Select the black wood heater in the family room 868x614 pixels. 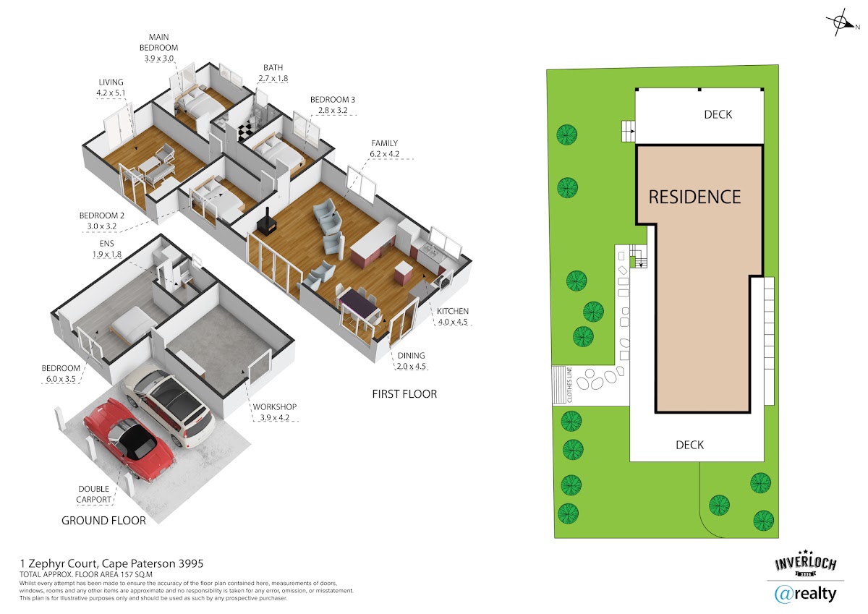[x=266, y=224]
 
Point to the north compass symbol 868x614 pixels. [x=842, y=22]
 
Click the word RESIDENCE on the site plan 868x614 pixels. [x=695, y=197]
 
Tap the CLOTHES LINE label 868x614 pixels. [x=569, y=385]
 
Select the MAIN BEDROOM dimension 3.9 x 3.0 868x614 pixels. [x=159, y=59]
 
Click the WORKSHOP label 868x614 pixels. [x=275, y=406]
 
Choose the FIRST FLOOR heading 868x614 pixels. [x=404, y=394]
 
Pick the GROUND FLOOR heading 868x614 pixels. [x=104, y=520]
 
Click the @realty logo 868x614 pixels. [x=805, y=594]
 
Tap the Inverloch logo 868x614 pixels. [x=805, y=563]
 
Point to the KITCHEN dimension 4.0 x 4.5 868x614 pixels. [x=453, y=322]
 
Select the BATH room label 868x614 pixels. [x=273, y=67]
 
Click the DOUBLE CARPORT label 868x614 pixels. [x=94, y=494]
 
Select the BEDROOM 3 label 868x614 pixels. [x=333, y=100]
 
